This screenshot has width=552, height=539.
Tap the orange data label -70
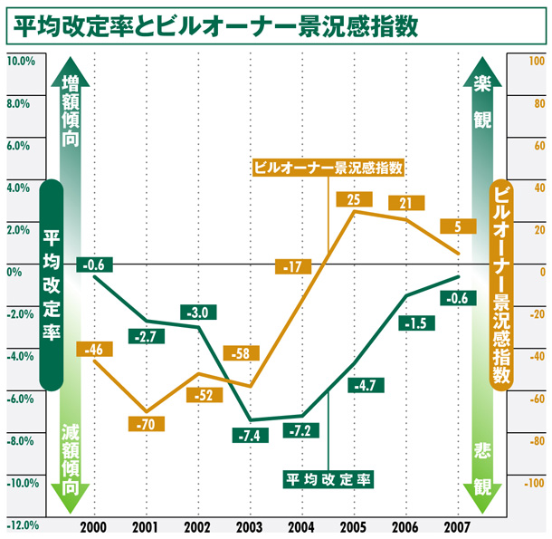(x=145, y=424)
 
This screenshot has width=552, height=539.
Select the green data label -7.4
(x=250, y=436)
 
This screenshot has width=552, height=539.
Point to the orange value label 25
(x=353, y=198)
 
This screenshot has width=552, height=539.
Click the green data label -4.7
(x=366, y=385)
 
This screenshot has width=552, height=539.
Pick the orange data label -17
(x=292, y=266)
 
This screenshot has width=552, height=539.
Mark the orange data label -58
(x=242, y=352)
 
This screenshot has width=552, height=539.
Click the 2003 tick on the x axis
(x=249, y=527)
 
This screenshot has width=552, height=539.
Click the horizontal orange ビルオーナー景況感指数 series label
(x=327, y=167)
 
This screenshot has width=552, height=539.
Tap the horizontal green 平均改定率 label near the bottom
(x=329, y=477)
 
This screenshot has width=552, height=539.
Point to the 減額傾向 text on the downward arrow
(x=71, y=457)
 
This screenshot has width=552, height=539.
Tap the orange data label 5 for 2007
(x=458, y=226)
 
